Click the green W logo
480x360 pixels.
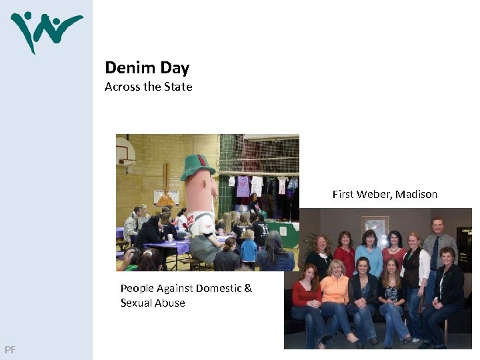(46, 30)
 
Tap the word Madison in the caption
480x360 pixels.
(417, 195)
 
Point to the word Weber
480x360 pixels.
(374, 195)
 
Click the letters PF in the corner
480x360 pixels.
(10, 349)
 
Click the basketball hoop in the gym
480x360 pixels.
(126, 160)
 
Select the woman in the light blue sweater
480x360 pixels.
(369, 253)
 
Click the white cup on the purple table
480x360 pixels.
(171, 238)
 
